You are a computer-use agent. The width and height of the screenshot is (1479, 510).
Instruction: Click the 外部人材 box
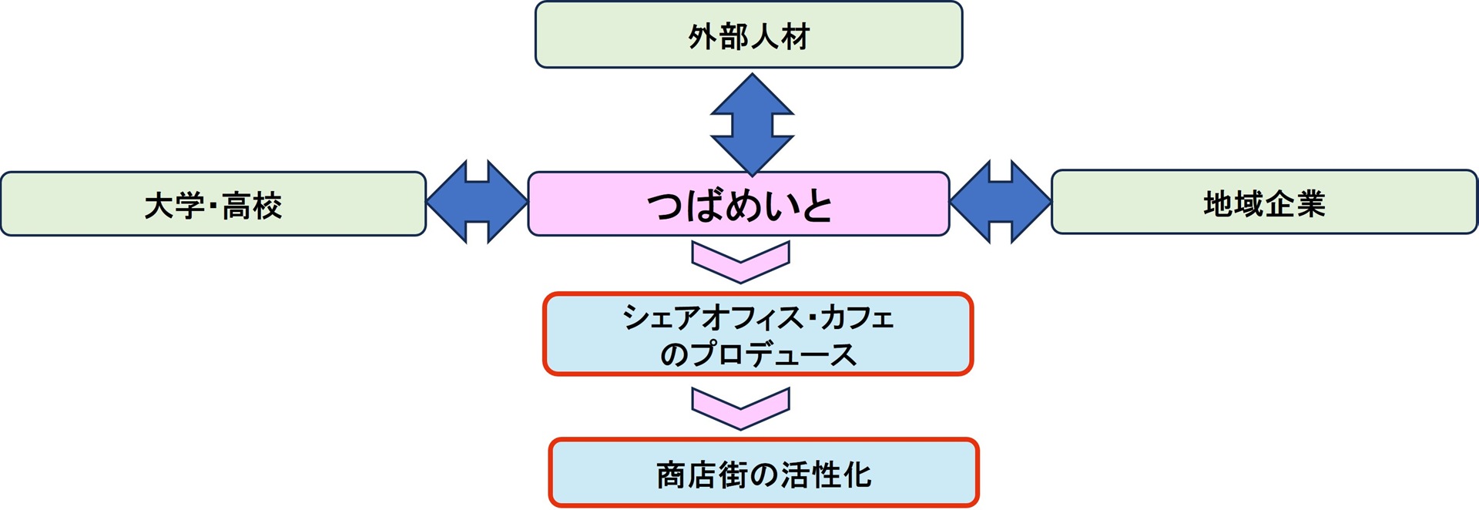click(x=749, y=35)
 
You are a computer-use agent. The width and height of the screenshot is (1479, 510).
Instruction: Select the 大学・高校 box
click(x=213, y=204)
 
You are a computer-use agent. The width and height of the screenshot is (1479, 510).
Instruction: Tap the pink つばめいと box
click(x=738, y=204)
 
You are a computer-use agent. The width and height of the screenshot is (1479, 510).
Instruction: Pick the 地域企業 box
click(x=1264, y=203)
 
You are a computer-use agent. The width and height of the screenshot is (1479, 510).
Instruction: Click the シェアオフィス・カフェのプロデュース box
click(x=758, y=334)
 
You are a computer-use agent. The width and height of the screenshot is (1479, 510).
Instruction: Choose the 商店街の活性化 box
click(x=763, y=473)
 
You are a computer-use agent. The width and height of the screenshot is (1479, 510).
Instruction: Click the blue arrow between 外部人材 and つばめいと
click(x=752, y=124)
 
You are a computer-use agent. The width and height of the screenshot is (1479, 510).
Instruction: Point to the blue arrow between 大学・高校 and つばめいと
click(x=477, y=202)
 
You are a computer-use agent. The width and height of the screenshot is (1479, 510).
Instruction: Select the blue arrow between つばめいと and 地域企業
click(x=1000, y=202)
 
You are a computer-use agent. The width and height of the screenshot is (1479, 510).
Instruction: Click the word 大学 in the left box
click(x=174, y=206)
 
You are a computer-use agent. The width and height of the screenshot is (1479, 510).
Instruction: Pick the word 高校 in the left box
click(x=252, y=206)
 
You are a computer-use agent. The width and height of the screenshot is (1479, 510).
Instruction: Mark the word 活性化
click(x=825, y=475)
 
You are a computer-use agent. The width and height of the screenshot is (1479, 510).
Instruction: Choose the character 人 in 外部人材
click(x=764, y=36)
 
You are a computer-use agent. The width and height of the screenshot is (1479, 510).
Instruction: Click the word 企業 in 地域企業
click(x=1295, y=204)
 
